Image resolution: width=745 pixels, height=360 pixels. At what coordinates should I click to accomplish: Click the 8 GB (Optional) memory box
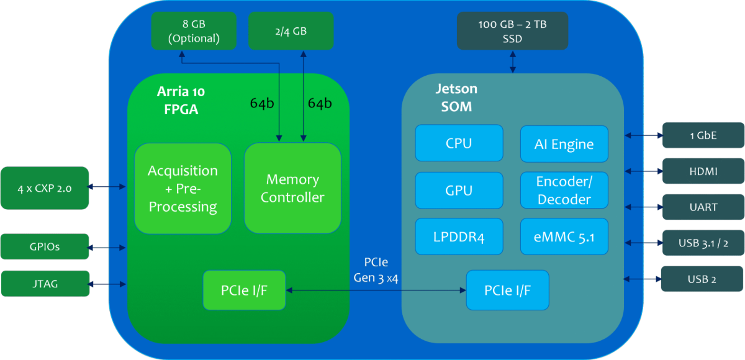(x=194, y=31)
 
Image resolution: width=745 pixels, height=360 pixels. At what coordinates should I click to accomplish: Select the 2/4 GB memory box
(x=291, y=31)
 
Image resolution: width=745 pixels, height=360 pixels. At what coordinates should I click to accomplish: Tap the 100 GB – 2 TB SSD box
(x=512, y=31)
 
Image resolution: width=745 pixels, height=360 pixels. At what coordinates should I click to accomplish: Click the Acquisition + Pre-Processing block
(x=183, y=189)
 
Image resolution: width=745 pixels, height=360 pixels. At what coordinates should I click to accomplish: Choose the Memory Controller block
(x=292, y=188)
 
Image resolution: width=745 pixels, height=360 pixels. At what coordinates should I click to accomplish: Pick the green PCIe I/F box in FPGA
(x=244, y=290)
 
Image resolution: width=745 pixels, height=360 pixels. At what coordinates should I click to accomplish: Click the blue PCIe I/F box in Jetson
(x=507, y=290)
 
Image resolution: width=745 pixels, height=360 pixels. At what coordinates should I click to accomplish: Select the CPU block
(x=459, y=143)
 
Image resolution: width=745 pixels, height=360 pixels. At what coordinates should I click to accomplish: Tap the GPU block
(x=459, y=191)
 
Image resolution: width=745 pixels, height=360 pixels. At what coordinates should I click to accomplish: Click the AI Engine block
(x=564, y=144)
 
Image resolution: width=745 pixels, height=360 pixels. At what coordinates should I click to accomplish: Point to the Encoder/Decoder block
(x=564, y=191)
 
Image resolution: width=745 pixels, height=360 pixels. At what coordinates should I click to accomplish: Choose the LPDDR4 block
(x=459, y=237)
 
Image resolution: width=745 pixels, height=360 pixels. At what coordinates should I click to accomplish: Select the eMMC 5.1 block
(x=564, y=237)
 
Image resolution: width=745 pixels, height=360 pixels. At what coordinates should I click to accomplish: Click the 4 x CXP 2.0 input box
(x=44, y=187)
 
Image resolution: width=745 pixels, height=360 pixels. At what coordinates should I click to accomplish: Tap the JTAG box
(x=44, y=283)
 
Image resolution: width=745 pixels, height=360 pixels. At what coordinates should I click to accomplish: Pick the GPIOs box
(x=44, y=246)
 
